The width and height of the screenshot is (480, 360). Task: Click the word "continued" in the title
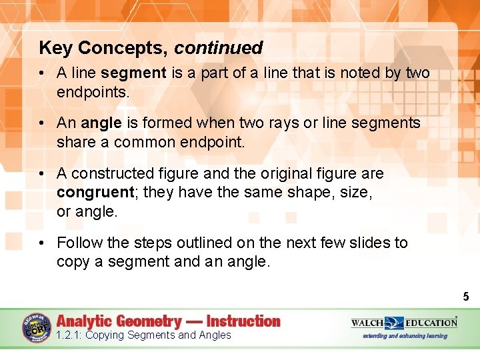(x=219, y=48)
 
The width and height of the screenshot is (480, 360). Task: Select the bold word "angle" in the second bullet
(x=101, y=123)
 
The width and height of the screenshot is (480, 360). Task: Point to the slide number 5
(x=465, y=296)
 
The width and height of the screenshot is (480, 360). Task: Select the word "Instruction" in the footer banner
(x=243, y=321)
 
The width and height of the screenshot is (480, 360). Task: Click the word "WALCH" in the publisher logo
(x=369, y=323)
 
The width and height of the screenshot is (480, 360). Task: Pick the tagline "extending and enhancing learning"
(x=405, y=336)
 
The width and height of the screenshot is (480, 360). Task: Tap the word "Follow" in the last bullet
(x=79, y=243)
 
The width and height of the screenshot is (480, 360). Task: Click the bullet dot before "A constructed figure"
(x=41, y=174)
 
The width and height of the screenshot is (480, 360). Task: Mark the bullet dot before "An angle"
(x=41, y=123)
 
